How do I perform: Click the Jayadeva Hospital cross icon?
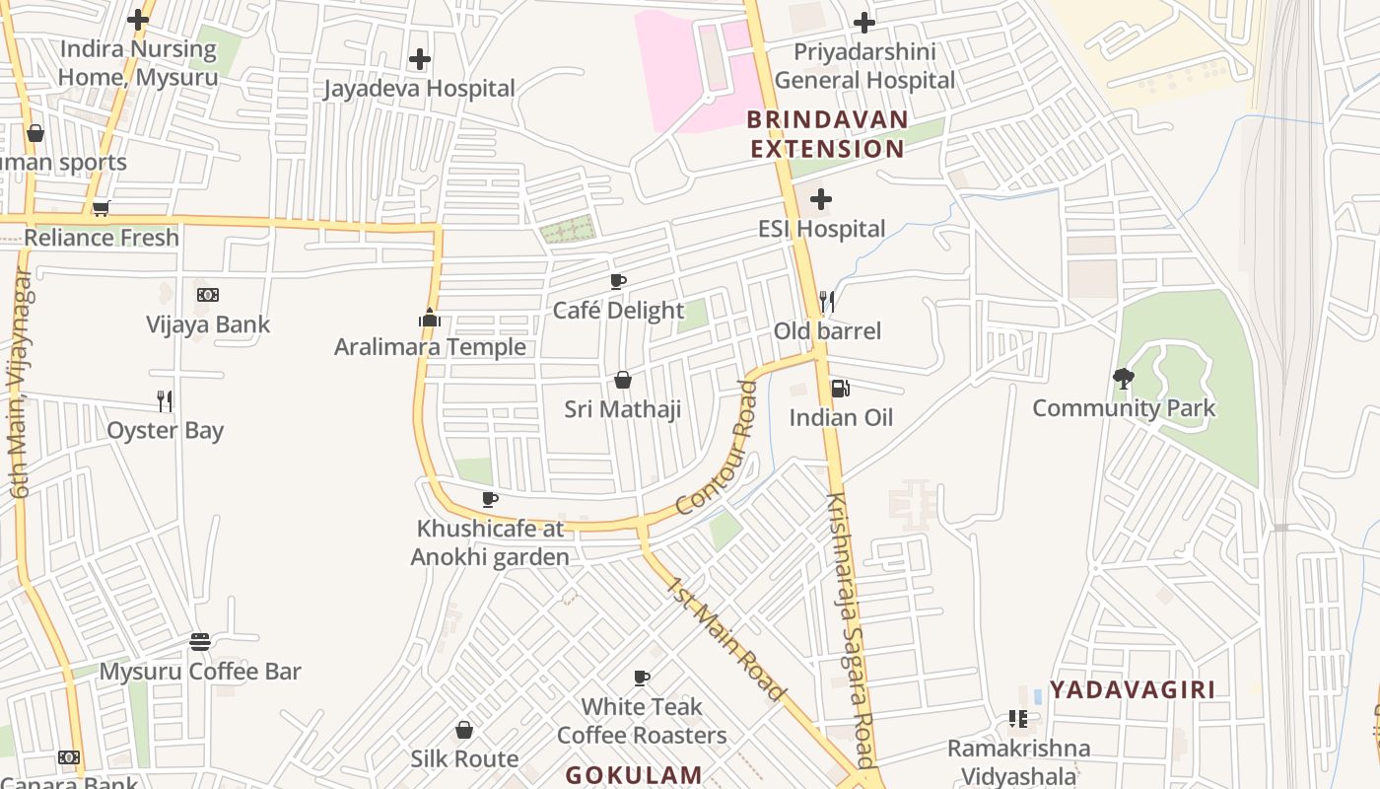tap(420, 59)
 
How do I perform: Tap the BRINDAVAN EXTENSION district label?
tap(826, 134)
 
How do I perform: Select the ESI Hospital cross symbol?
tap(820, 200)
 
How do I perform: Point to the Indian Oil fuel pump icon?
tap(840, 389)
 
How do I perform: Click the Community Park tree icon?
tap(1123, 378)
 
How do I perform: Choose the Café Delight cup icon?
tap(618, 282)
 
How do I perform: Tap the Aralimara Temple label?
tap(430, 347)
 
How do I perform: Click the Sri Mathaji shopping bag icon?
tap(623, 380)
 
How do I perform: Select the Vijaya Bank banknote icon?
tap(207, 295)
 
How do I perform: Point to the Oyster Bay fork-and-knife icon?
tap(165, 400)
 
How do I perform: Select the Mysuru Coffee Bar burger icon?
tap(200, 643)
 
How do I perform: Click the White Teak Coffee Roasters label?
tap(642, 721)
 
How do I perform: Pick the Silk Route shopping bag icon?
tap(464, 730)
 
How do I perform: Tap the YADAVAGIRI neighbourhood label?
tap(1132, 689)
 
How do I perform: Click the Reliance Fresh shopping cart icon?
tap(101, 208)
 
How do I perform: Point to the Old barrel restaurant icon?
tap(827, 301)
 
